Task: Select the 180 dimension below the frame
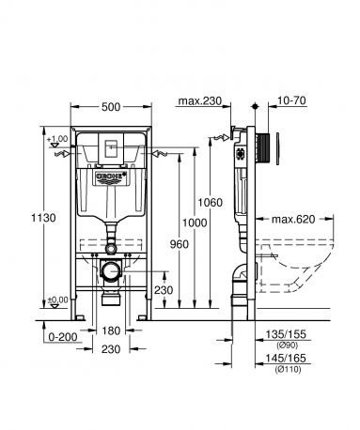(x=112, y=330)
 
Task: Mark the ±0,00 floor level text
(x=59, y=299)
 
